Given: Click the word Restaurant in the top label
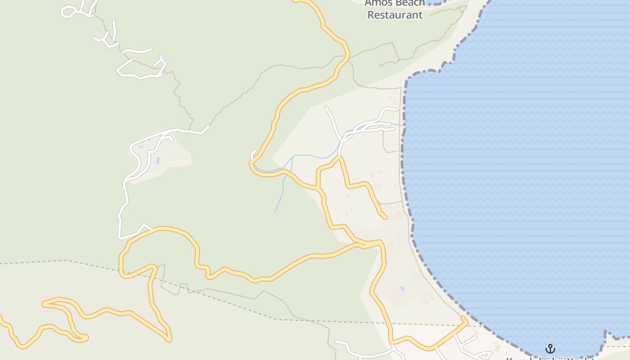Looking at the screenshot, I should click(x=395, y=15).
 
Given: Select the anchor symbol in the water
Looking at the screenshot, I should click(x=550, y=349).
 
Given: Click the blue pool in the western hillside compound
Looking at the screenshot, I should click(x=157, y=160).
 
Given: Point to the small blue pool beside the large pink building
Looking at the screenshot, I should click(x=402, y=288).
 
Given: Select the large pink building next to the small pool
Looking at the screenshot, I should click(x=395, y=293).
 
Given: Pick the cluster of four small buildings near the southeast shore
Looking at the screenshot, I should click(x=425, y=297).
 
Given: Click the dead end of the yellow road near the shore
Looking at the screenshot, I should click(x=385, y=218).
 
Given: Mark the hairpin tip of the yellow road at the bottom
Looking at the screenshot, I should click(x=169, y=338).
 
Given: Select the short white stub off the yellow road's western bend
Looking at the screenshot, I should click(x=254, y=153).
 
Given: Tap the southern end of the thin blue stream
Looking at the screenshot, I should click(x=275, y=212).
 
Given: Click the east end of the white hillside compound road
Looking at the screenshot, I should click(x=208, y=127).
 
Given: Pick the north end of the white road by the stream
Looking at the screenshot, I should click(x=326, y=107).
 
